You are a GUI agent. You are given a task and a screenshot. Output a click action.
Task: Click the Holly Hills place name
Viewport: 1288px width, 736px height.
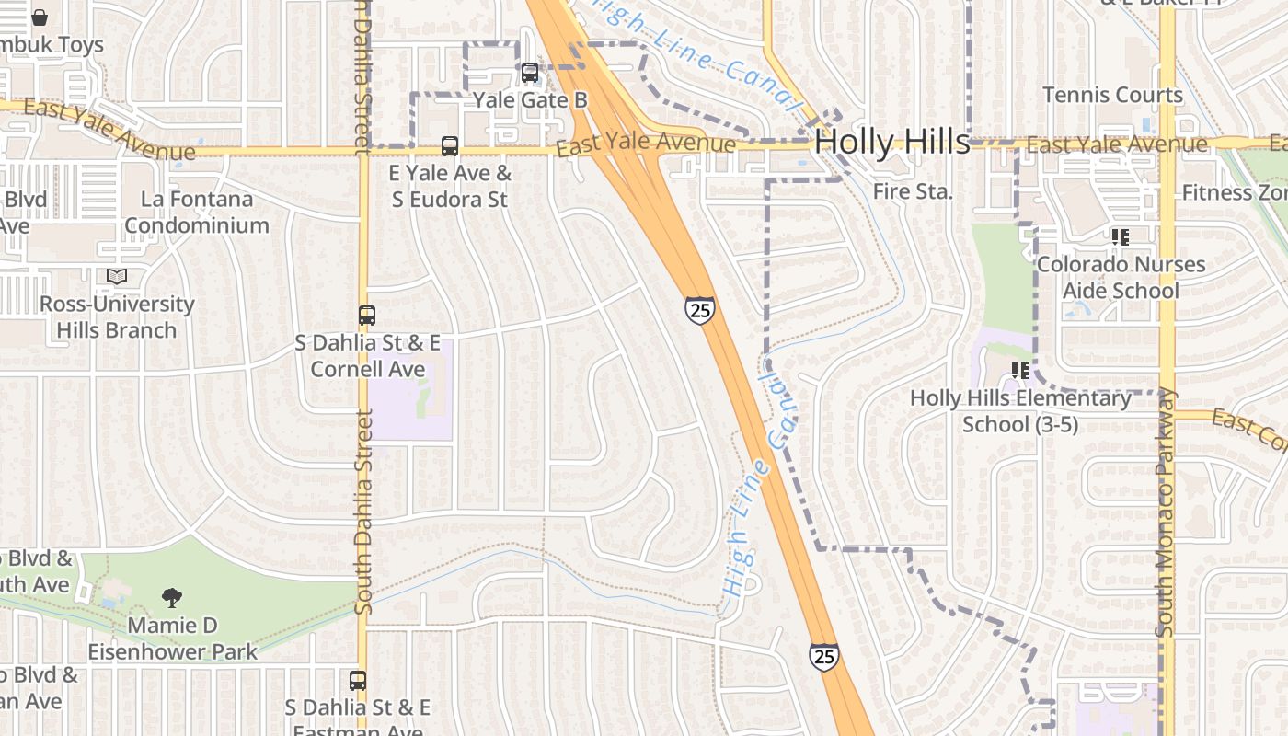[x=891, y=142]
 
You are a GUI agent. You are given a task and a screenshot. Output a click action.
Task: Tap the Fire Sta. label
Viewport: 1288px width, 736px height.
[x=913, y=191]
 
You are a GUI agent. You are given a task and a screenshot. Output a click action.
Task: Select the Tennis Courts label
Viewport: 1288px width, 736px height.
[x=1112, y=95]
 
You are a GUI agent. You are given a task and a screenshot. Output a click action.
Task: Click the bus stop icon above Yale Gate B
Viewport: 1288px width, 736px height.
[x=530, y=73]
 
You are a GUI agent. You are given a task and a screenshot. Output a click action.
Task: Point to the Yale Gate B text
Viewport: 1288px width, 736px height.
[x=530, y=99]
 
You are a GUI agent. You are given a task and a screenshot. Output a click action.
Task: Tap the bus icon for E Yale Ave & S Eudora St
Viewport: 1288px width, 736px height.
[x=450, y=145]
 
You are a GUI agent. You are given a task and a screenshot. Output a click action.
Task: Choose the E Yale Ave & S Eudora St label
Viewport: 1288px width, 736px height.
[x=450, y=186]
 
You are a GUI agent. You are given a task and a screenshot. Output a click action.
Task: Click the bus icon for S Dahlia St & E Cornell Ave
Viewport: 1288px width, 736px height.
[x=367, y=315]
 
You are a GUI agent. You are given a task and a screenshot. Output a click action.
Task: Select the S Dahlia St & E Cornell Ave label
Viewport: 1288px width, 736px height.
[x=367, y=355]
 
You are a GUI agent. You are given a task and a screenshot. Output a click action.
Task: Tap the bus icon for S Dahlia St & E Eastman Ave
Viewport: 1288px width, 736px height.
[x=358, y=681]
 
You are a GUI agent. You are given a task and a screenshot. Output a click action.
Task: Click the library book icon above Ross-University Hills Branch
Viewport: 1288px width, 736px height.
[x=117, y=276]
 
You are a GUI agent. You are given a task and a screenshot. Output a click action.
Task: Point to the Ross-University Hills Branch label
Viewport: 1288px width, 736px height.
[x=117, y=316]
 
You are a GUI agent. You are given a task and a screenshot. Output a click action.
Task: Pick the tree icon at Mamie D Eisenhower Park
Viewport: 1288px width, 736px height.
[x=172, y=598]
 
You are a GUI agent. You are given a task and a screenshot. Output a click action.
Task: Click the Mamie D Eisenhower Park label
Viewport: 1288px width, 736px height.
[x=173, y=638]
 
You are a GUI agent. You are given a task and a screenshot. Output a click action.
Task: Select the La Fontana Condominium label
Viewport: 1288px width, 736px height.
[x=197, y=212]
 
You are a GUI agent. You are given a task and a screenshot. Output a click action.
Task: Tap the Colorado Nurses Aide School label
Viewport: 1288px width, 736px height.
[x=1121, y=277]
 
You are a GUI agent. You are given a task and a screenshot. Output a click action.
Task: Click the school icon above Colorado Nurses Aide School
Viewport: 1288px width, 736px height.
[x=1121, y=237]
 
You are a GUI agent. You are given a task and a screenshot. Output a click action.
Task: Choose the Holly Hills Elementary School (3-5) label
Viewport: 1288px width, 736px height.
[x=1020, y=411]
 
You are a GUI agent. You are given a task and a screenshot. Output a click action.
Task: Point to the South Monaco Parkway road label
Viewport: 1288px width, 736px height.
[x=1166, y=512]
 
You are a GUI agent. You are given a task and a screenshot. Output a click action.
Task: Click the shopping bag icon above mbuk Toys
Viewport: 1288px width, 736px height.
[x=40, y=17]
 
